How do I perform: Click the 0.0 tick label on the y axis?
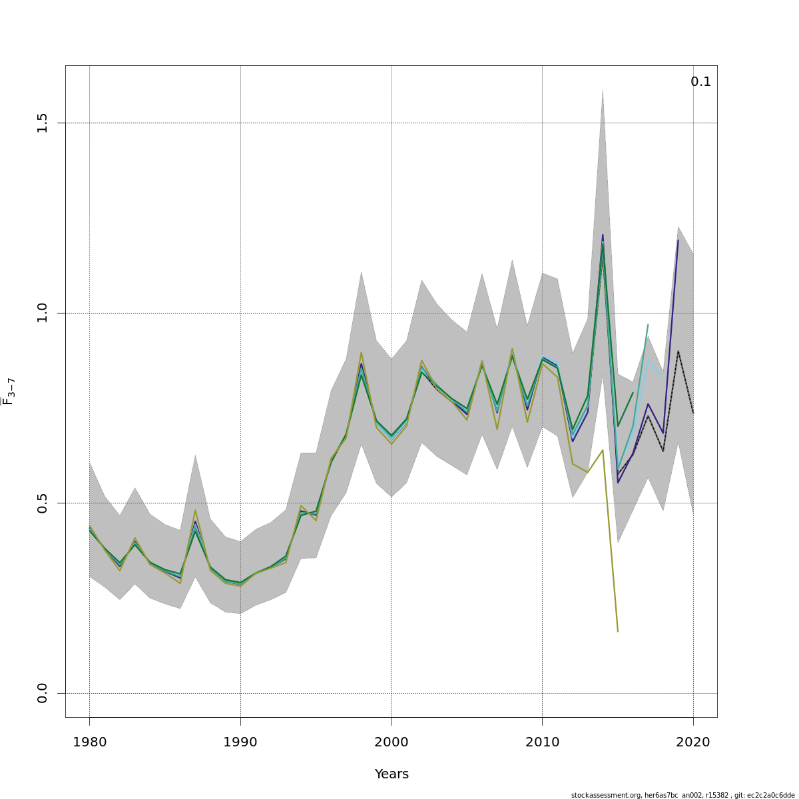click(x=43, y=693)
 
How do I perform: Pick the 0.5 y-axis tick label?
click(x=43, y=503)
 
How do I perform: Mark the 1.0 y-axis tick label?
click(x=43, y=313)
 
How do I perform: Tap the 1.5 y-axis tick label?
click(x=43, y=123)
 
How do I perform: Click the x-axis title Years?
click(x=392, y=774)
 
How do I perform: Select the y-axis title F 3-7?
click(x=9, y=392)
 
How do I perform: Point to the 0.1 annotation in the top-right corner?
click(x=700, y=82)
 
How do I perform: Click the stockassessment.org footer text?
click(x=682, y=795)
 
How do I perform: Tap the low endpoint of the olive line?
click(x=618, y=631)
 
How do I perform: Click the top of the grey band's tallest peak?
click(x=603, y=89)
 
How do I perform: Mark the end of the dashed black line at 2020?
click(x=693, y=413)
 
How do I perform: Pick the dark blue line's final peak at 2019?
click(x=678, y=240)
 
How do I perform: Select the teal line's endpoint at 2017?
click(x=648, y=325)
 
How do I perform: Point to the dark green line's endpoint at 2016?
click(x=633, y=393)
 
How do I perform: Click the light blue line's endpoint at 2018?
click(x=663, y=377)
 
